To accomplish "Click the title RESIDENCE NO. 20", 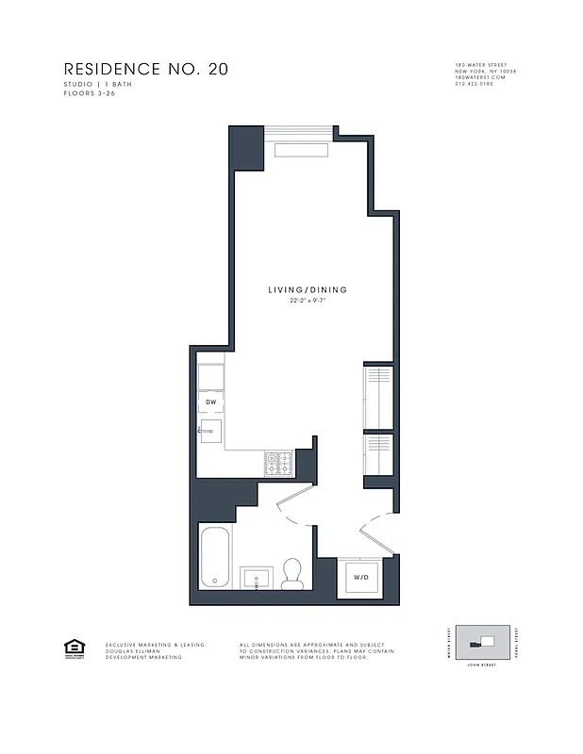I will [x=145, y=70].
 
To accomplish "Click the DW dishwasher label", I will [x=211, y=402].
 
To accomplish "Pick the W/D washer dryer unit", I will [x=361, y=577].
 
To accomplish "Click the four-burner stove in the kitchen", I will [x=279, y=463].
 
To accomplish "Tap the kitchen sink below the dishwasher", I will [x=210, y=433].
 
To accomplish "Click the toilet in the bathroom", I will [x=292, y=574].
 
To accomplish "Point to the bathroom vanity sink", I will [x=256, y=577].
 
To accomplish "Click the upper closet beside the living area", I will [x=377, y=394].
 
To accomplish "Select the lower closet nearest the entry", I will [x=377, y=454].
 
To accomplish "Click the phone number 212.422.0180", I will [x=475, y=85].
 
